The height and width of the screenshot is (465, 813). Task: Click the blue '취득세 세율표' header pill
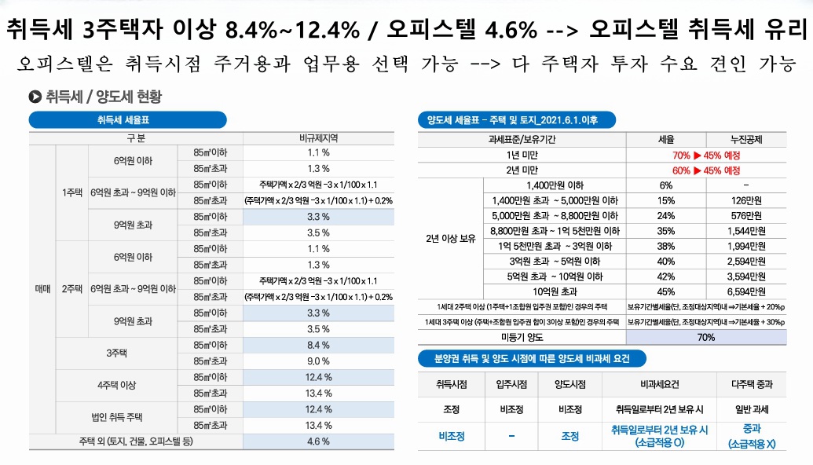click(128, 120)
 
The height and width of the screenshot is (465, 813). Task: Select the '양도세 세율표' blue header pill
click(516, 120)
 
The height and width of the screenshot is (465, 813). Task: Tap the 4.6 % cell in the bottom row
click(318, 441)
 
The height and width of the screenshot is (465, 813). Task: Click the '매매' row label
click(42, 288)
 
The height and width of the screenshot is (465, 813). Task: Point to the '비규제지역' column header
click(318, 137)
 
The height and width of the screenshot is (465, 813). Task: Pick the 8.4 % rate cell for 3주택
click(318, 345)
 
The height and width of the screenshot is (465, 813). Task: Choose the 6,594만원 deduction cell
click(745, 291)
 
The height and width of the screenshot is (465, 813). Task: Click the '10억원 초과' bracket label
click(555, 291)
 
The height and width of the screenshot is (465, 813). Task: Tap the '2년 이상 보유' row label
click(450, 238)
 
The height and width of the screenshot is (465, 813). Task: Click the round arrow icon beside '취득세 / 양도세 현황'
click(35, 97)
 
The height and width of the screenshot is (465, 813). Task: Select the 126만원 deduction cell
click(745, 200)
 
